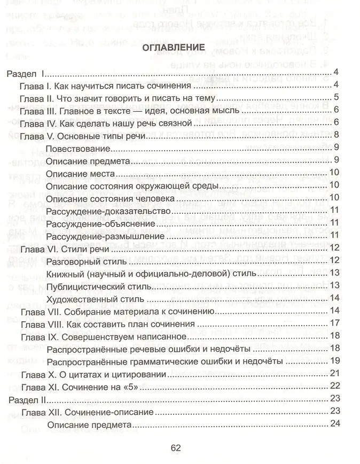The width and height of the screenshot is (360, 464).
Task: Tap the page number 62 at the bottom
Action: click(176, 448)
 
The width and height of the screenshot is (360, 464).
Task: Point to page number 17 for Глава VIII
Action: click(335, 323)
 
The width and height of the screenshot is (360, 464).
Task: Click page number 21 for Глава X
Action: click(335, 374)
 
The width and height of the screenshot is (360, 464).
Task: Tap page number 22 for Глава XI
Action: click(335, 386)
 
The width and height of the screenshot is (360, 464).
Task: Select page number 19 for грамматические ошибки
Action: click(335, 361)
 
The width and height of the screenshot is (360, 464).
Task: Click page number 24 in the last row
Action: click(335, 424)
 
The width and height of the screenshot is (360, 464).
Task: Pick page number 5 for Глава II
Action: click(337, 97)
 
